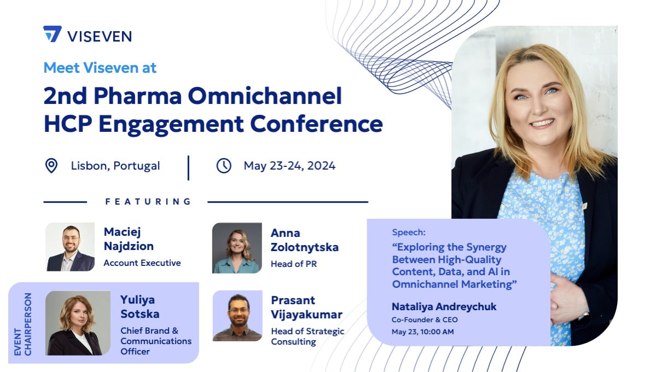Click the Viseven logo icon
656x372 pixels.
pyautogui.click(x=53, y=34)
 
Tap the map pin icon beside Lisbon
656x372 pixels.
pyautogui.click(x=51, y=166)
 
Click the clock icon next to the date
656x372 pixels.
pyautogui.click(x=224, y=166)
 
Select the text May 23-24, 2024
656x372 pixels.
pyautogui.click(x=289, y=166)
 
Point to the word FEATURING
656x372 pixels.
pyautogui.click(x=148, y=202)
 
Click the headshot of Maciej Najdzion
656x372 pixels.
pyautogui.click(x=70, y=247)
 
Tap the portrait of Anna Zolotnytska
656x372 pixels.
pyautogui.click(x=237, y=248)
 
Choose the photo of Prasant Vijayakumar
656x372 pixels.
pyautogui.click(x=237, y=316)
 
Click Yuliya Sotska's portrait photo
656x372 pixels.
pyautogui.click(x=78, y=323)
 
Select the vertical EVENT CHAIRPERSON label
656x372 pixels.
pyautogui.click(x=22, y=324)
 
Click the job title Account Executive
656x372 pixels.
pyautogui.click(x=142, y=263)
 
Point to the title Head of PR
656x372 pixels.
pyautogui.click(x=294, y=264)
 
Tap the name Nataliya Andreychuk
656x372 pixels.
pyautogui.click(x=444, y=307)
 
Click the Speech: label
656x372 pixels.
pyautogui.click(x=409, y=233)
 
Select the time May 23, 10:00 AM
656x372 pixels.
pyautogui.click(x=422, y=332)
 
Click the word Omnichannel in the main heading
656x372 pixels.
pyautogui.click(x=265, y=95)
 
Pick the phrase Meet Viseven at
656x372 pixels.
pyautogui.click(x=100, y=68)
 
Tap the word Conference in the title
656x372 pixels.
pyautogui.click(x=316, y=124)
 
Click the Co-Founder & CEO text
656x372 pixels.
pyautogui.click(x=425, y=319)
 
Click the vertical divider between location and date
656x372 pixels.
pyautogui.click(x=188, y=168)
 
